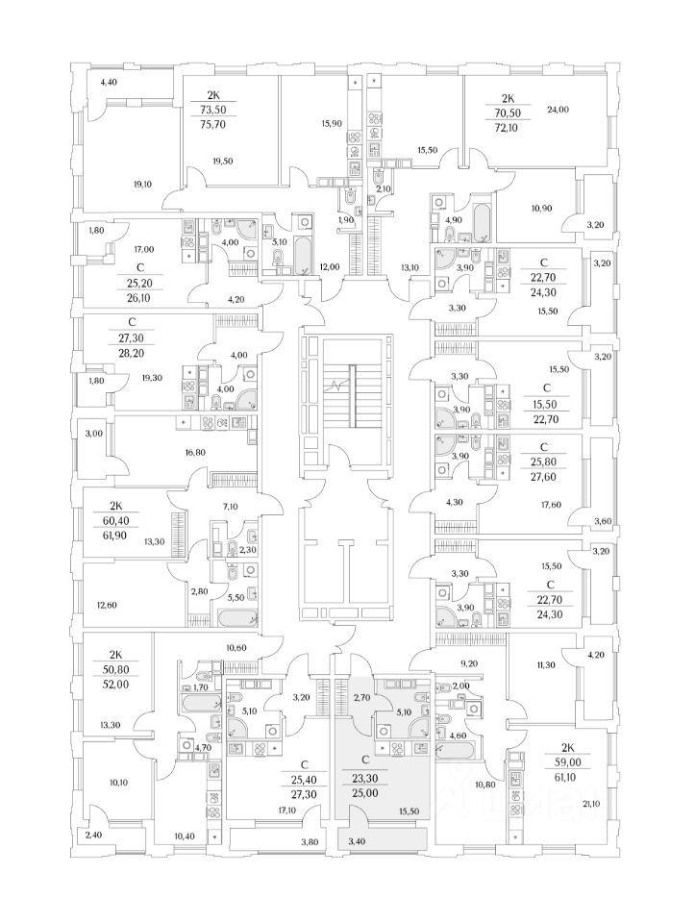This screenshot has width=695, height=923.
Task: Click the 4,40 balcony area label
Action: point(109,82)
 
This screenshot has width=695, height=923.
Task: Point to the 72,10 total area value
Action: point(507,127)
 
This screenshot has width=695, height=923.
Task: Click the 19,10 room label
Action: point(143,184)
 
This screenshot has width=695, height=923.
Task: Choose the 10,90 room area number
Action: point(541,208)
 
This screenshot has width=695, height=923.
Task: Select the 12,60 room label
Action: point(106,605)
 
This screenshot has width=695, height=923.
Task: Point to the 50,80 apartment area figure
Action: point(117,670)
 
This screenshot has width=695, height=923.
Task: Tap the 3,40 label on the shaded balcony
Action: point(357,842)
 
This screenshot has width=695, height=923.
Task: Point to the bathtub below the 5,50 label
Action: point(237,618)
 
